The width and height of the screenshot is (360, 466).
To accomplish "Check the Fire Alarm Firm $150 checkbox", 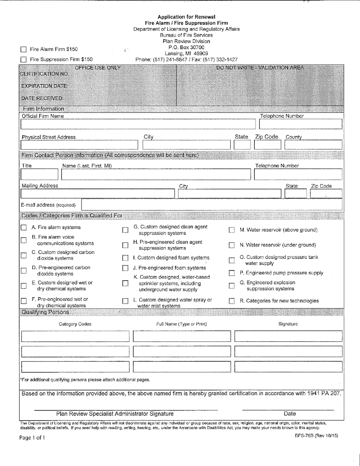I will point(23,49).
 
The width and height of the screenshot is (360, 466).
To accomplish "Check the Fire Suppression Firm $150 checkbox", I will point(23,59).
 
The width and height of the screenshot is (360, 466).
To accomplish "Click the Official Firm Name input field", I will point(138,124).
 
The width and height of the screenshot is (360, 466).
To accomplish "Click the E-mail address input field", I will point(212,205).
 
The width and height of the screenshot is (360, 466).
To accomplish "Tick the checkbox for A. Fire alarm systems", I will point(23,228).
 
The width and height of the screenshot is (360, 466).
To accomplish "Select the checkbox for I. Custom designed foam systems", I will point(125,258).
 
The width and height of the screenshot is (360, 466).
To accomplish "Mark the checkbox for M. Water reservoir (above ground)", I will point(232,230).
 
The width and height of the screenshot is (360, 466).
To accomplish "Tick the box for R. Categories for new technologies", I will point(232,301).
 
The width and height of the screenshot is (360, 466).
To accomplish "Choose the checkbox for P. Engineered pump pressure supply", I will point(232,273).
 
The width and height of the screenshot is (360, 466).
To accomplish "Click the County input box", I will point(313,145).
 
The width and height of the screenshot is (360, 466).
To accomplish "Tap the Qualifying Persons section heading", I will point(45,312).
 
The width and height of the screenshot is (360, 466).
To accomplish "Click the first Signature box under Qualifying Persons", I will point(288,336).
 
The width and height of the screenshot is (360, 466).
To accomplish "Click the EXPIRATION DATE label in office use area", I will point(44,86).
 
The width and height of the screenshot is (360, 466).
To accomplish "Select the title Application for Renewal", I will point(186,17).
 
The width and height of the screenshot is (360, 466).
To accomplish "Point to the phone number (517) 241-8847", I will point(169,59).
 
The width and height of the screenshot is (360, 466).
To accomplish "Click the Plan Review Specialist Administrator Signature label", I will point(115,414).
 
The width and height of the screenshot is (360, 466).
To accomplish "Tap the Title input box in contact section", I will point(39,174).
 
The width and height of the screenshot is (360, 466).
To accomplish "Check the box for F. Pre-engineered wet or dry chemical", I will point(23,302).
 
